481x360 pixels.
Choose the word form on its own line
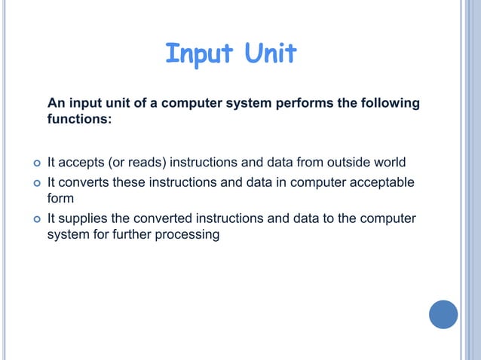pyautogui.click(x=60, y=198)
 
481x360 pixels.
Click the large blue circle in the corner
pyautogui.click(x=443, y=314)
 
